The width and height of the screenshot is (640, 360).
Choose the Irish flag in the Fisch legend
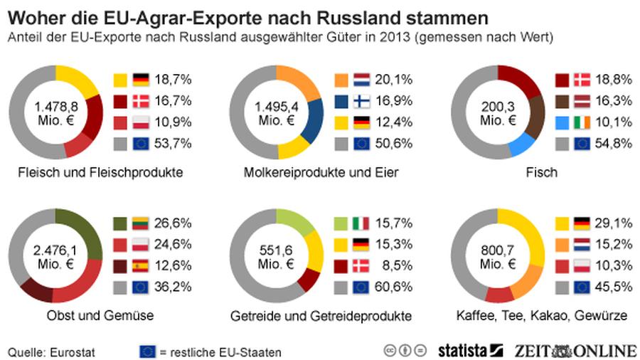(x=582, y=123)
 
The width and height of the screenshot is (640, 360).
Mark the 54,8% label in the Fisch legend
(x=617, y=144)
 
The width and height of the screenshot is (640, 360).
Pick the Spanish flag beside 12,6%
(x=140, y=266)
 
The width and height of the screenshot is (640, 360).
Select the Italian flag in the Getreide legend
(x=361, y=223)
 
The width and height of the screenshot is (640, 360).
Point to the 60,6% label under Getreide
(x=397, y=287)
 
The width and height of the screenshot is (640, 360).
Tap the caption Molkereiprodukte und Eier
(x=321, y=173)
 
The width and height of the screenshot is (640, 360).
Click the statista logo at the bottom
(x=470, y=349)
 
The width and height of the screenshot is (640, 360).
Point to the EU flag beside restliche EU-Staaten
(x=148, y=351)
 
